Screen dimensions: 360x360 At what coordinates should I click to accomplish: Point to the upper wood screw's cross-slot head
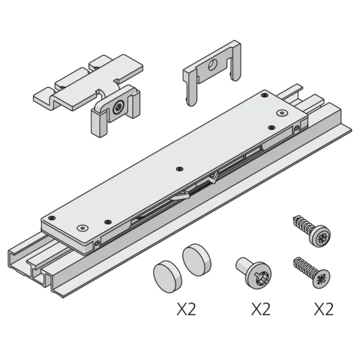click(321, 238)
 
